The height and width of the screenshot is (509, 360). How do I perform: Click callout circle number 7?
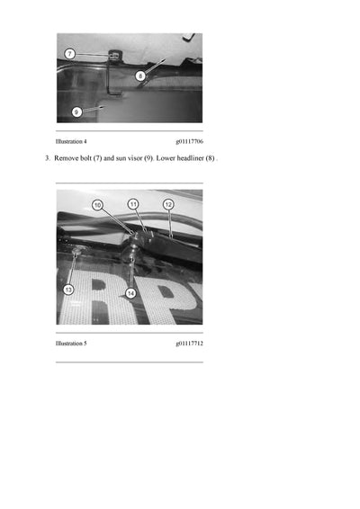point(69,54)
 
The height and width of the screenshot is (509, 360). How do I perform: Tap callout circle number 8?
point(140,76)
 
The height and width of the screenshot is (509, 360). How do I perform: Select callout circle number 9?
point(76,112)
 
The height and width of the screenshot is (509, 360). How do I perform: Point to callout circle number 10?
point(97,205)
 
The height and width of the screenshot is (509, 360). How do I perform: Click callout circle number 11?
point(132,204)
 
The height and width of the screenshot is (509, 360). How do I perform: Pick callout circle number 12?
point(168,204)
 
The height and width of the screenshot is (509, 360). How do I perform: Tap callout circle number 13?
point(68,289)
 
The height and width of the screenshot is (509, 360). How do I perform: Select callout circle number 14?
point(130,293)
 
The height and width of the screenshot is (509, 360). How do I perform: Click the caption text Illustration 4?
point(71,142)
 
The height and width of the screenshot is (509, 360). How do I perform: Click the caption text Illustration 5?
point(71,344)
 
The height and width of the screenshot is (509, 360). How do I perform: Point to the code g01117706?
point(189,142)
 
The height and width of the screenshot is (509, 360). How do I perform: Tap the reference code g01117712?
point(189,344)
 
